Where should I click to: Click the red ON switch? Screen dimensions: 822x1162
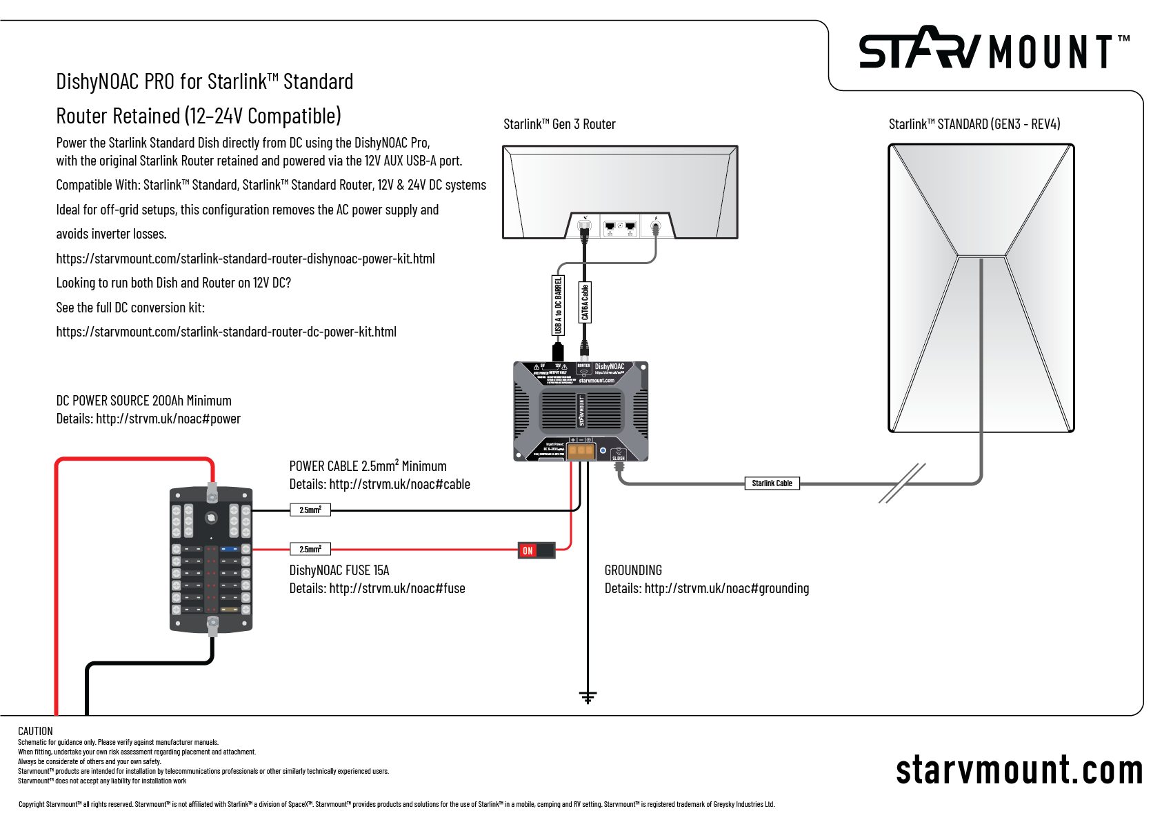(536, 550)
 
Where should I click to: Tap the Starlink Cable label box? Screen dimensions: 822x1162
(772, 483)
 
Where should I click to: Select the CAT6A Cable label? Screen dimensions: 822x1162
(585, 302)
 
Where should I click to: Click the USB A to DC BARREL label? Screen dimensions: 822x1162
(558, 305)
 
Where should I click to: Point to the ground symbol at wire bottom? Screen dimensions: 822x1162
(588, 697)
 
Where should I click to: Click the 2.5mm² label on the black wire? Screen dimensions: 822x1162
(310, 510)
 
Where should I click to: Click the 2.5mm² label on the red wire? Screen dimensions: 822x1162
(310, 550)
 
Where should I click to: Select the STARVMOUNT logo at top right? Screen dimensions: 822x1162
(993, 50)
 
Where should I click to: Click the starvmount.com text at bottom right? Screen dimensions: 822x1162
(1019, 770)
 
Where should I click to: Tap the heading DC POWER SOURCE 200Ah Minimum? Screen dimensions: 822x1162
(143, 401)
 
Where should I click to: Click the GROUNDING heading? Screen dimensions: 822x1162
(633, 570)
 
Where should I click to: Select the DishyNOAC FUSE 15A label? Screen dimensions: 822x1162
(339, 570)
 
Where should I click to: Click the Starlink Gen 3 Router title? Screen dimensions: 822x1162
(559, 124)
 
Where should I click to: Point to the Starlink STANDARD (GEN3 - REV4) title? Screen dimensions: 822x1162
(974, 124)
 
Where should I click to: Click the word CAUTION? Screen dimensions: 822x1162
(35, 731)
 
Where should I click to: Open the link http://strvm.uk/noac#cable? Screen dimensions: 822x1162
(399, 484)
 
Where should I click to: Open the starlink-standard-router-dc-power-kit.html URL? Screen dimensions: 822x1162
(226, 332)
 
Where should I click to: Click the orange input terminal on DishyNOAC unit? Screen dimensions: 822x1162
(581, 451)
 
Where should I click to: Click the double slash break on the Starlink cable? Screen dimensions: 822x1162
(902, 483)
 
